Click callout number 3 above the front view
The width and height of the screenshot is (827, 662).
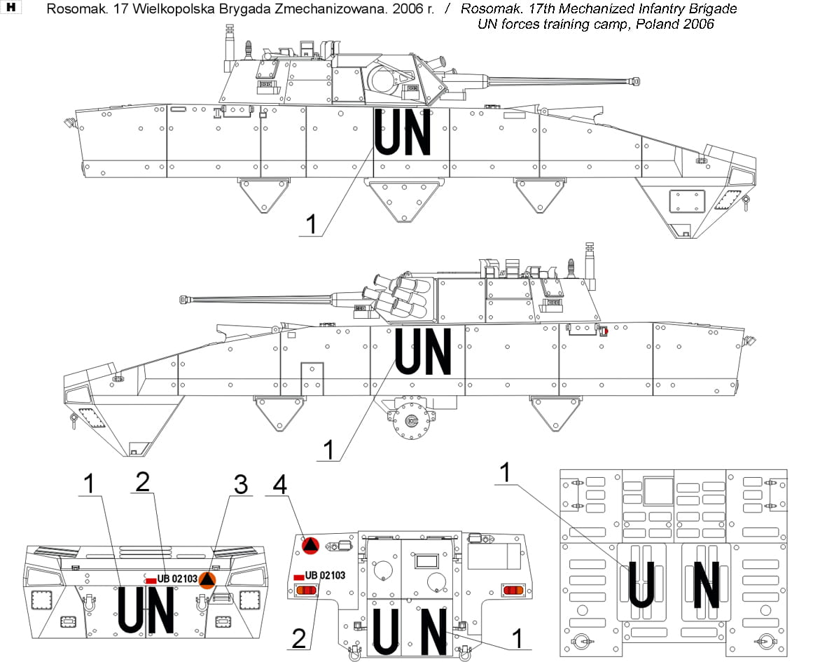click(240, 483)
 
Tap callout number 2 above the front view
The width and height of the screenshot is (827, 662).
click(143, 481)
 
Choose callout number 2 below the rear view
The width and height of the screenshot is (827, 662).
click(299, 638)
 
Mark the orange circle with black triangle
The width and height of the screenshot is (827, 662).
click(207, 579)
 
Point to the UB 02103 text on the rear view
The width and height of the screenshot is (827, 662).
click(325, 575)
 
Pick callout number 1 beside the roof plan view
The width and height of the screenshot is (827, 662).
click(503, 473)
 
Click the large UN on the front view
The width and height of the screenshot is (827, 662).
click(145, 611)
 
